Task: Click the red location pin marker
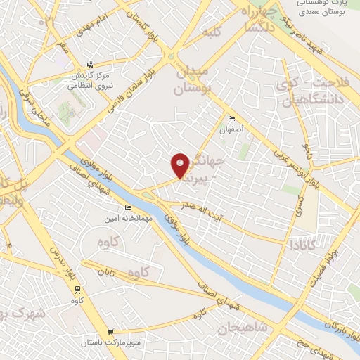[181, 165]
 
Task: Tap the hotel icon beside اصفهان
[231, 117]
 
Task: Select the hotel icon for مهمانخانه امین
[127, 207]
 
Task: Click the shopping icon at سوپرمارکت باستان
[110, 332]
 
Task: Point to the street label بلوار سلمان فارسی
[139, 86]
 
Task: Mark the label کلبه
[213, 32]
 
